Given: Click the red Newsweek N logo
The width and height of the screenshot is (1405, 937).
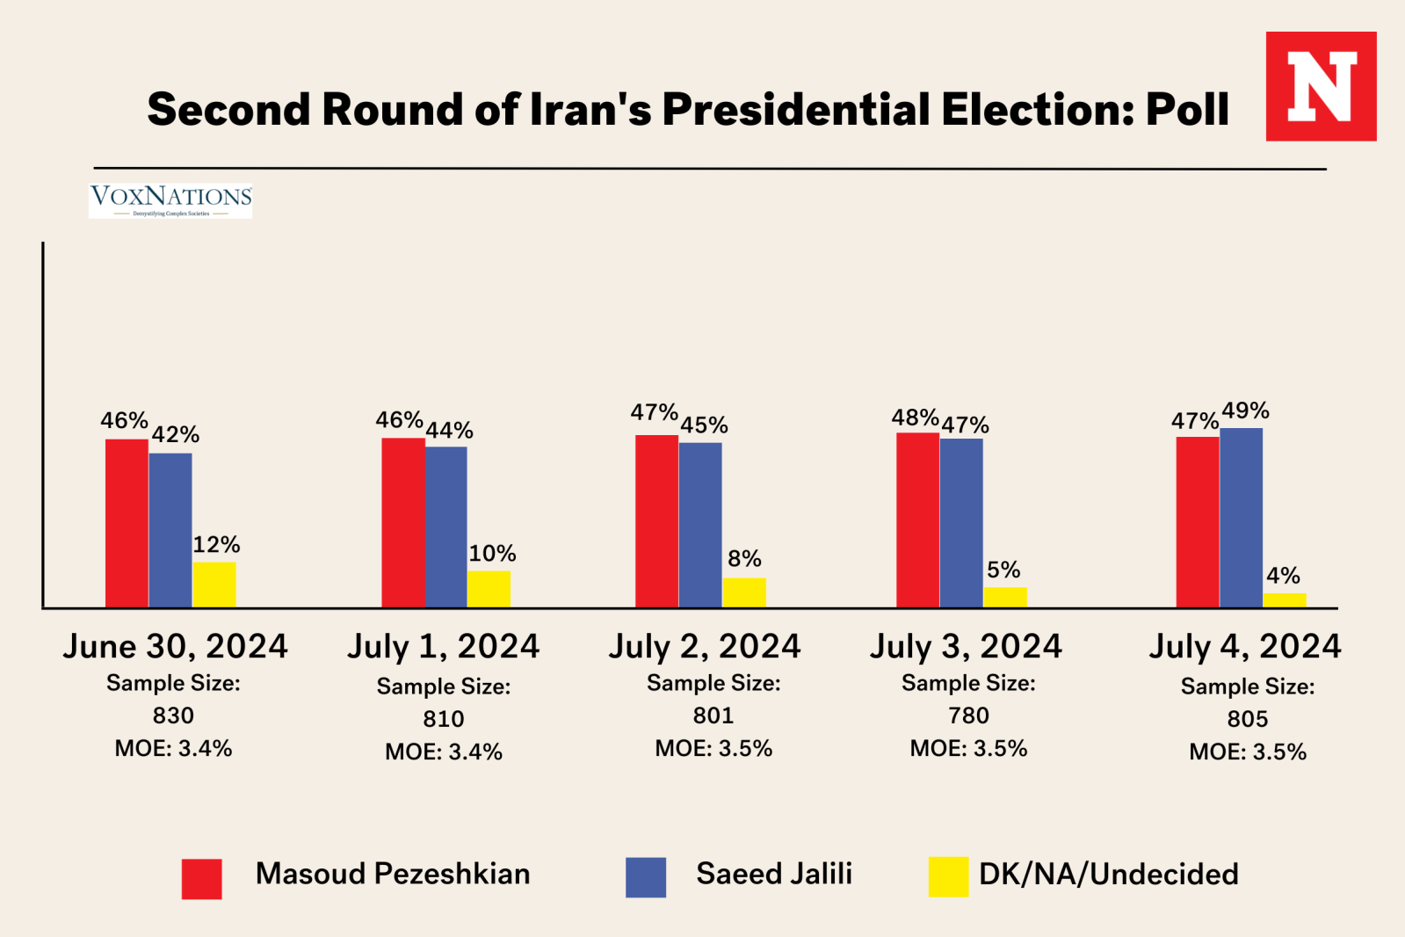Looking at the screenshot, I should (1321, 86).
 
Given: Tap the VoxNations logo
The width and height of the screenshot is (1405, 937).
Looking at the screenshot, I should (170, 200).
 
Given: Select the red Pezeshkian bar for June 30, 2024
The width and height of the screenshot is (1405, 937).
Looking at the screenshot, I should (127, 523).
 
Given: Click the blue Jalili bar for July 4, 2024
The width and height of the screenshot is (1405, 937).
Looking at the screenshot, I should (1241, 518).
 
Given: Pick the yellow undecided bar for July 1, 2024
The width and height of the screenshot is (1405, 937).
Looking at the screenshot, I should (489, 589).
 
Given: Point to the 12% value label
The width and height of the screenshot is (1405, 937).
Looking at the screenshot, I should (216, 545).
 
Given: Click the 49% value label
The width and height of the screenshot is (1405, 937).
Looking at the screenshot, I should (1245, 410).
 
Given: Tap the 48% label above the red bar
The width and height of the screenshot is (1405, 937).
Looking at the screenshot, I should (915, 418).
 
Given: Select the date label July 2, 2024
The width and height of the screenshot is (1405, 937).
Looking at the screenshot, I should (705, 646).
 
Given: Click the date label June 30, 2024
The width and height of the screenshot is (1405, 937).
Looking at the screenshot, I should (175, 646).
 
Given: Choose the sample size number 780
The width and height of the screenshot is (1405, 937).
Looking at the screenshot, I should (968, 715).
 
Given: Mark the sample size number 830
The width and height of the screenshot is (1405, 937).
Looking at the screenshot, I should (173, 715).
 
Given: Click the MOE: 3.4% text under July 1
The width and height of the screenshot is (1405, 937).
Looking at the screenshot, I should (444, 752).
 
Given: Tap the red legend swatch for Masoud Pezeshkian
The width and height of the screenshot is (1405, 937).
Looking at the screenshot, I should (201, 878).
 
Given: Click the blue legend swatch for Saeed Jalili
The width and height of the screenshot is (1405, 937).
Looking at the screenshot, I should (645, 877).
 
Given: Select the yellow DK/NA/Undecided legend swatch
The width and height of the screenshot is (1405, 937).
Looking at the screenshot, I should (948, 876).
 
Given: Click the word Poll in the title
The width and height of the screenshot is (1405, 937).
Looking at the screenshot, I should (1187, 110).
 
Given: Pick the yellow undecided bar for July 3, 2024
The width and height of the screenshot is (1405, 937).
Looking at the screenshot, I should (1005, 598).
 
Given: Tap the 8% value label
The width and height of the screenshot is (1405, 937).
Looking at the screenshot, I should (744, 559).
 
